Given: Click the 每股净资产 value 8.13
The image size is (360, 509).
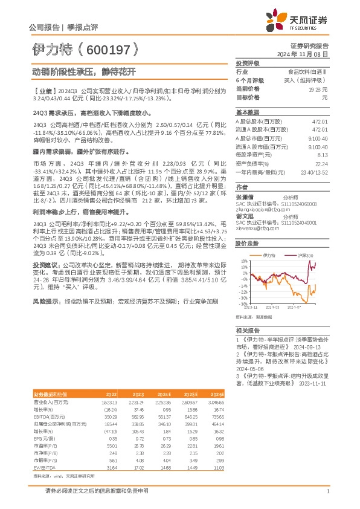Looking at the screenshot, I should coord(321,154).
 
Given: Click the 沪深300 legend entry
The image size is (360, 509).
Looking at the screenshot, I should coord(305,256).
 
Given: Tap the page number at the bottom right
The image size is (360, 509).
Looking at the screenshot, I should coord(327,493).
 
